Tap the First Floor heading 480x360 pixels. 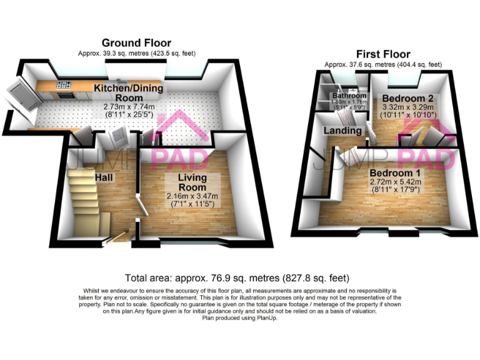pos(382,54)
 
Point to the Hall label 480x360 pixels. pos(104,177)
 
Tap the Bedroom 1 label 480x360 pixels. pos(394,172)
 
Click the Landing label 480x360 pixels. pos(342,130)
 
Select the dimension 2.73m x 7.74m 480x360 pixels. pos(128,107)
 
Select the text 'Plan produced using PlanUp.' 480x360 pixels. pos(240,317)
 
